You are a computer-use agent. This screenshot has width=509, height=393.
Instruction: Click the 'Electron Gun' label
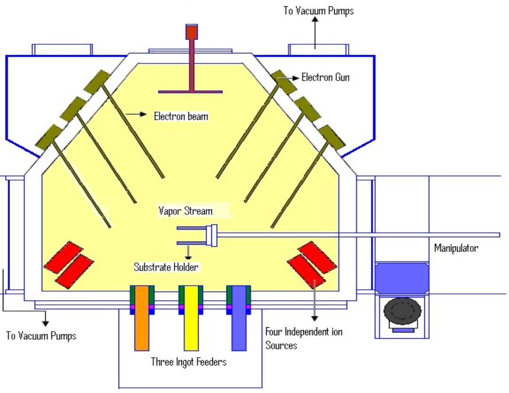click(x=325, y=77)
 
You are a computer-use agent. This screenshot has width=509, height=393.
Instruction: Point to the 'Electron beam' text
click(x=181, y=115)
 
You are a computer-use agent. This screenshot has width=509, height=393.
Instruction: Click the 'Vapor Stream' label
click(x=186, y=210)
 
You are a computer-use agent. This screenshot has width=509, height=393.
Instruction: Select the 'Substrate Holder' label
click(x=166, y=267)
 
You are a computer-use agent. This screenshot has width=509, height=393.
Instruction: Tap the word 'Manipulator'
click(x=456, y=248)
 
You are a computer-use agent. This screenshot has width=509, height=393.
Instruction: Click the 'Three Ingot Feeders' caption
click(x=189, y=362)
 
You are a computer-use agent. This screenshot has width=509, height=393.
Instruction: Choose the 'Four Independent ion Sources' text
click(x=304, y=338)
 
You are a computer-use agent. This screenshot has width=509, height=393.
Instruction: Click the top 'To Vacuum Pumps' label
click(x=319, y=10)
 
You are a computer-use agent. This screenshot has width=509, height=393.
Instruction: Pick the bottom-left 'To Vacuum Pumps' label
click(x=41, y=336)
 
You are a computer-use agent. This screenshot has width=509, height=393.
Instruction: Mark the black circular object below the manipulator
click(x=402, y=312)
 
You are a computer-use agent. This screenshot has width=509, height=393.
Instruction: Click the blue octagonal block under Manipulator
click(x=402, y=277)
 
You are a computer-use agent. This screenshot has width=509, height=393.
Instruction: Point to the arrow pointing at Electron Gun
click(x=292, y=77)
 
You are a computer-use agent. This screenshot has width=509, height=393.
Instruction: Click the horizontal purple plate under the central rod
click(x=190, y=91)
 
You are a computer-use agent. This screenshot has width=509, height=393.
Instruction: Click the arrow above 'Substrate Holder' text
click(x=190, y=251)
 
